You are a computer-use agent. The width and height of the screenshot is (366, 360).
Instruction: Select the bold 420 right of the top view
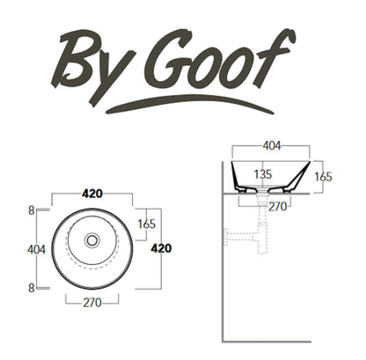[x=161, y=248]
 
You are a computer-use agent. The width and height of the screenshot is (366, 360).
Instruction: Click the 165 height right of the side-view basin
[x=348, y=177]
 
